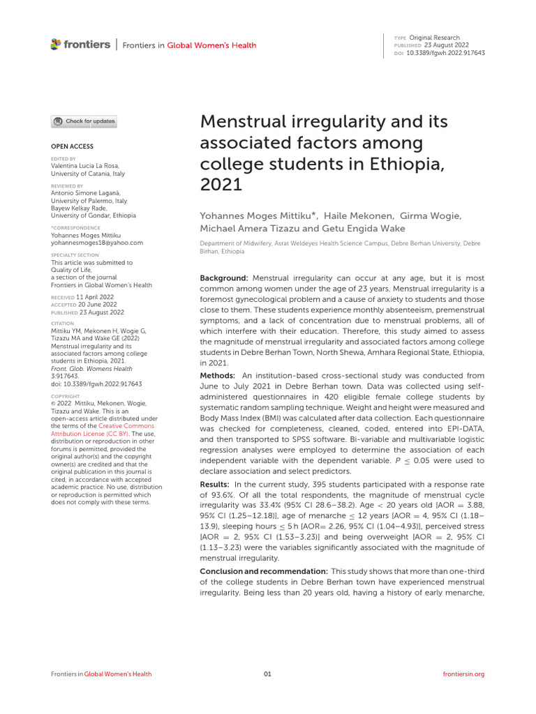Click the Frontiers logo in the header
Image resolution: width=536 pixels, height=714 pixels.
pyautogui.click(x=80, y=45)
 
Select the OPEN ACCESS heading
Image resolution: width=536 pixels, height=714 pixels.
pyautogui.click(x=72, y=146)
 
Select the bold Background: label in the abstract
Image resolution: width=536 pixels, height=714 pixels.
pyautogui.click(x=224, y=278)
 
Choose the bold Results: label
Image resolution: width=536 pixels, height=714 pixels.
pyautogui.click(x=216, y=484)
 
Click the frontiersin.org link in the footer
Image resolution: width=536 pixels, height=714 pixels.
pyautogui.click(x=463, y=674)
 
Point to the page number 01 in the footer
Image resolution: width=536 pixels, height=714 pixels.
pyautogui.click(x=267, y=674)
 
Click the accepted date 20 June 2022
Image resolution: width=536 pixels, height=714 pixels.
pyautogui.click(x=96, y=303)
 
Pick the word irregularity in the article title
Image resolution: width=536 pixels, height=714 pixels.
pyautogui.click(x=326, y=122)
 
